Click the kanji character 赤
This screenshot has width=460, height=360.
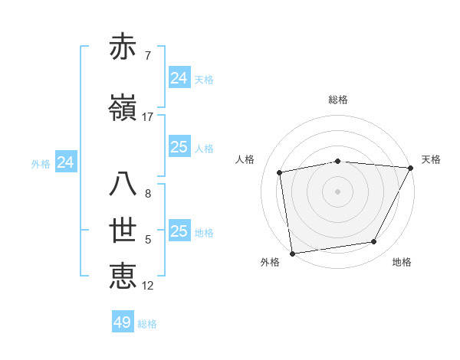[123, 47]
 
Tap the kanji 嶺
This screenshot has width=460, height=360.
[123, 109]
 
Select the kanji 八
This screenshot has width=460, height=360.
[123, 185]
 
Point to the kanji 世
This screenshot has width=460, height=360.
[123, 231]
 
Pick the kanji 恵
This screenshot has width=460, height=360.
[123, 277]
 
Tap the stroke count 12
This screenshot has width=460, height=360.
[148, 286]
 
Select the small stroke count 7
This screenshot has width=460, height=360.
[147, 56]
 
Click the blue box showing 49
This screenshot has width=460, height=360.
[123, 322]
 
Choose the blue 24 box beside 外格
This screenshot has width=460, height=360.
[66, 162]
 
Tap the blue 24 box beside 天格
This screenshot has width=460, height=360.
[179, 78]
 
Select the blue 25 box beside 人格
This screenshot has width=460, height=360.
[179, 147]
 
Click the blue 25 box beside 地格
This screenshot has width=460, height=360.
[179, 231]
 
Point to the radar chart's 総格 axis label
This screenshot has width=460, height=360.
[338, 100]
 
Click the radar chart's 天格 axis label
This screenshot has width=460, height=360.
[431, 159]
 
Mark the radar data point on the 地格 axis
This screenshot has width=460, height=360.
[374, 242]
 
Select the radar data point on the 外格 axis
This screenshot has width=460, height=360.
[292, 253]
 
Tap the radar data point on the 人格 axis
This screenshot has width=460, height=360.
[280, 172]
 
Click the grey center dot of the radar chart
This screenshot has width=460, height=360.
[337, 191]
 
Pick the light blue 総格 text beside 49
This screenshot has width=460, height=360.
[147, 324]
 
